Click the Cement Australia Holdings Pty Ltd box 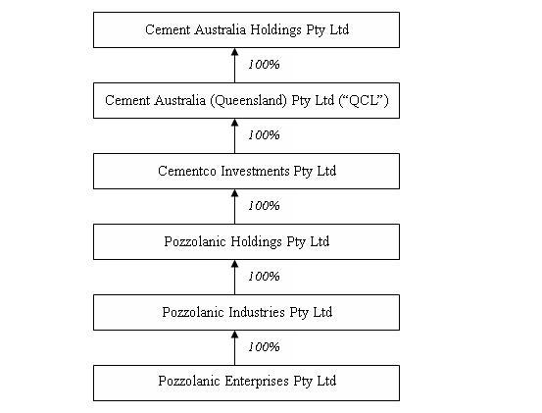[x=246, y=30]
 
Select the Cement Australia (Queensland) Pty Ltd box [x=246, y=101]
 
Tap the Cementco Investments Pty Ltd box [x=246, y=172]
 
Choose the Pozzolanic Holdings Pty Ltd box [x=246, y=241]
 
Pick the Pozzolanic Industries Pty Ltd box [x=246, y=312]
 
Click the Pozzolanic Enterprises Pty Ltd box [x=246, y=383]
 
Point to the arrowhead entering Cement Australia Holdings [x=234, y=52]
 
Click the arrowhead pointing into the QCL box [x=234, y=123]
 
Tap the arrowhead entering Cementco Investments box [x=234, y=193]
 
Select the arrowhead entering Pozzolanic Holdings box [x=234, y=264]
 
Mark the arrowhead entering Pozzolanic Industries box [x=234, y=335]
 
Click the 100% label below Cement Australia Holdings [x=264, y=65]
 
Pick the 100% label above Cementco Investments [x=264, y=135]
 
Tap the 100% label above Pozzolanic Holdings [x=264, y=205]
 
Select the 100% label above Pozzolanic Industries [x=264, y=276]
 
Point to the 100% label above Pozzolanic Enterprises [x=264, y=346]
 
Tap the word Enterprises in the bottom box [x=257, y=382]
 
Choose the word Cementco [x=187, y=171]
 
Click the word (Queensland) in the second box [x=249, y=101]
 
